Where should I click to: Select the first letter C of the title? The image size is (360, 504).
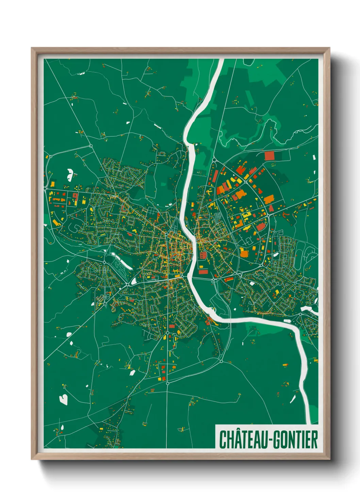coord(223,440)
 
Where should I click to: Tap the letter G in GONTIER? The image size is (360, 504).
coord(277,440)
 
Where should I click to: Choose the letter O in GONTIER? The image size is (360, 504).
coord(284,440)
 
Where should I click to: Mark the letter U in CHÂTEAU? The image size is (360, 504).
coord(265,440)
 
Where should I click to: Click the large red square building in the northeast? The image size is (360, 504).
coord(269,156)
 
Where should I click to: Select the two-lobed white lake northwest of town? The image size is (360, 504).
coord(70,174)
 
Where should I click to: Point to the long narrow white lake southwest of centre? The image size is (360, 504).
coord(121,261)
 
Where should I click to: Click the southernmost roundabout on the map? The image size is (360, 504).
coord(167,383)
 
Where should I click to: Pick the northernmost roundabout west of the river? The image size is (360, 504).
coord(91,146)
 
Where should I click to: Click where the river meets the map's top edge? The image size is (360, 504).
coord(221,60)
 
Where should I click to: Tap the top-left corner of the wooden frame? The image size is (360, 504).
coord(32,48)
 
